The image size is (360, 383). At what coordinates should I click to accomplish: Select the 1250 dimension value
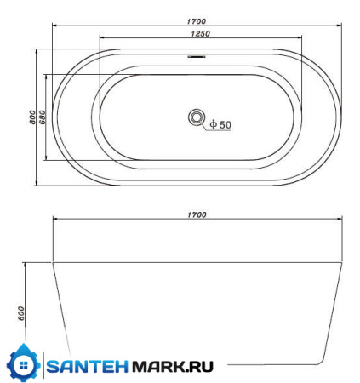(199, 34)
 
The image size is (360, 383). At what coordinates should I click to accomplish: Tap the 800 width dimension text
(31, 117)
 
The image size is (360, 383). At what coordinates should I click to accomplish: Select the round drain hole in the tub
(197, 117)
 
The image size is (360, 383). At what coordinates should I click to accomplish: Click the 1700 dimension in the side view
(197, 214)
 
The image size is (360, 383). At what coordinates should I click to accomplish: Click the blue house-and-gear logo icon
(23, 365)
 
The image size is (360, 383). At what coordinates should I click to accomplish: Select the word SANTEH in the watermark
(85, 367)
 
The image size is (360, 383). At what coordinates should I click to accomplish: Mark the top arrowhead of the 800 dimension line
(37, 50)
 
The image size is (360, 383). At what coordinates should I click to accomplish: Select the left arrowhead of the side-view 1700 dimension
(55, 220)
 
